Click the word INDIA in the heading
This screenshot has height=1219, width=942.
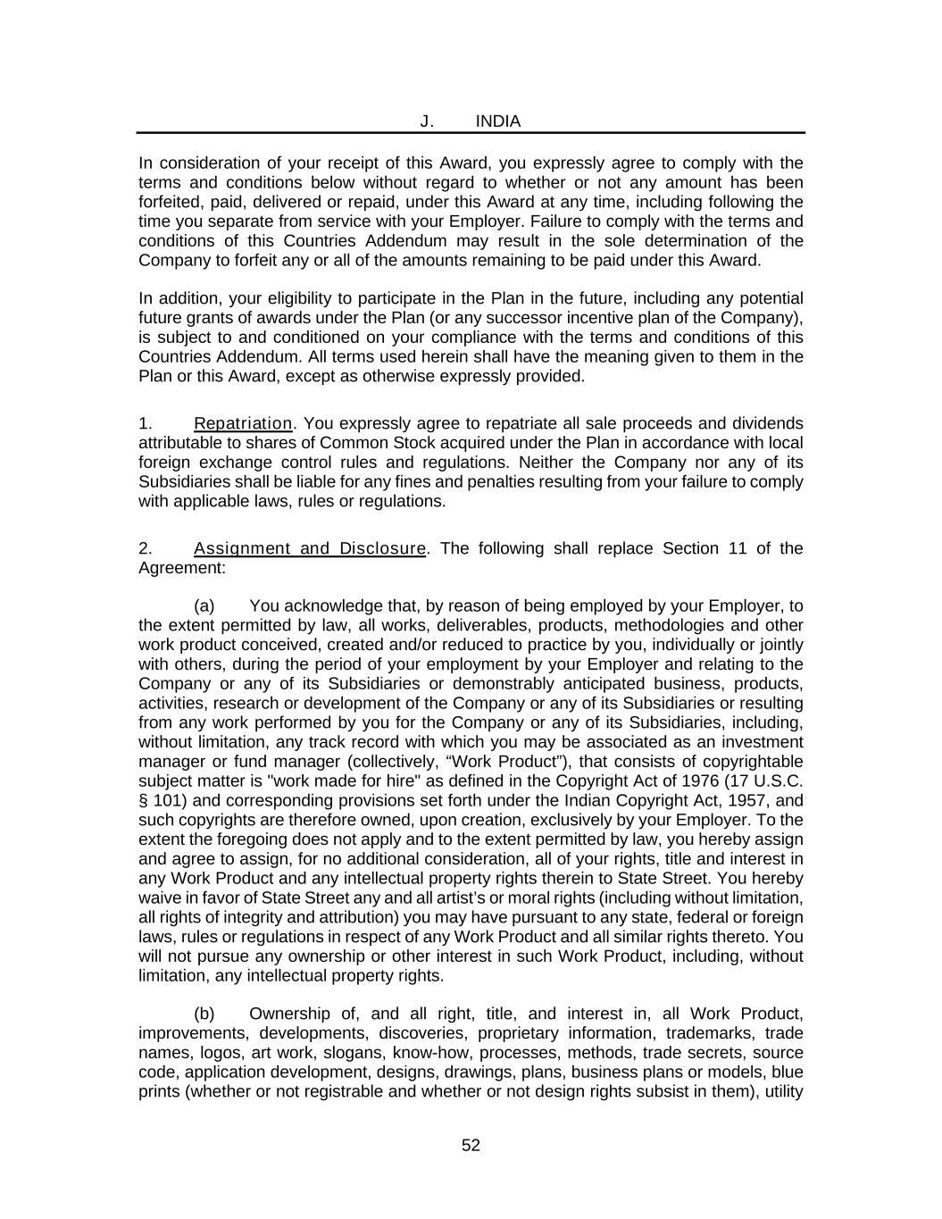pos(497,121)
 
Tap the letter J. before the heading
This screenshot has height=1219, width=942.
pos(427,121)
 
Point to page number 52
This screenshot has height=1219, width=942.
pos(471,1146)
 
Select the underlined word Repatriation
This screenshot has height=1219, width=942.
pos(243,423)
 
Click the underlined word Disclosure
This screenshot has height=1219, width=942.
pos(382,548)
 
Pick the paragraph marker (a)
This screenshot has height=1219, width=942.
pos(204,606)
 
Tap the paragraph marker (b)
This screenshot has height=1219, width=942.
pos(204,1014)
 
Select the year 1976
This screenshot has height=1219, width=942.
pos(681,781)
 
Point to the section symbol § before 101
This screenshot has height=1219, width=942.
pos(143,800)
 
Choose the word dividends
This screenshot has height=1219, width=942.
pos(768,423)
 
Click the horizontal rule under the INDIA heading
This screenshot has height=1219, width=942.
pos(471,133)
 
